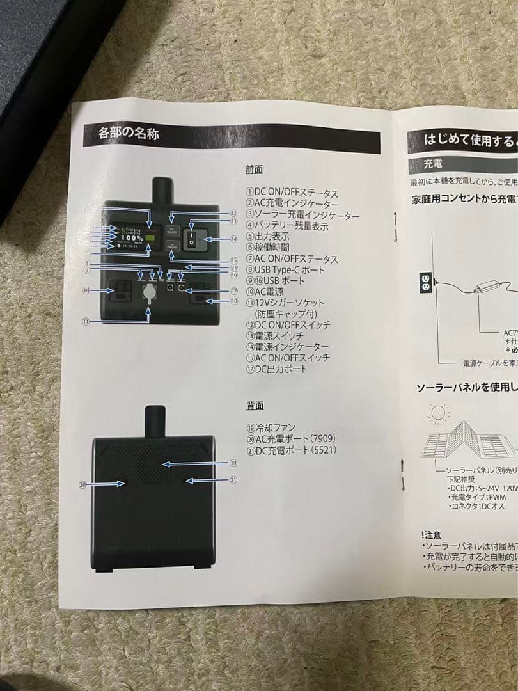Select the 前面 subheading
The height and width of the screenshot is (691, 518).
[254, 170]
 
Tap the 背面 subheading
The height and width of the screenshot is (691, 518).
[255, 406]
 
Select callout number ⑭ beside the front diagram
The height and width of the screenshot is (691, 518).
[234, 239]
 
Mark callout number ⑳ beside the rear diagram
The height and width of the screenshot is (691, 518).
[82, 484]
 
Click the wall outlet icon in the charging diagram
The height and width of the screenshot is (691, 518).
[424, 281]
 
